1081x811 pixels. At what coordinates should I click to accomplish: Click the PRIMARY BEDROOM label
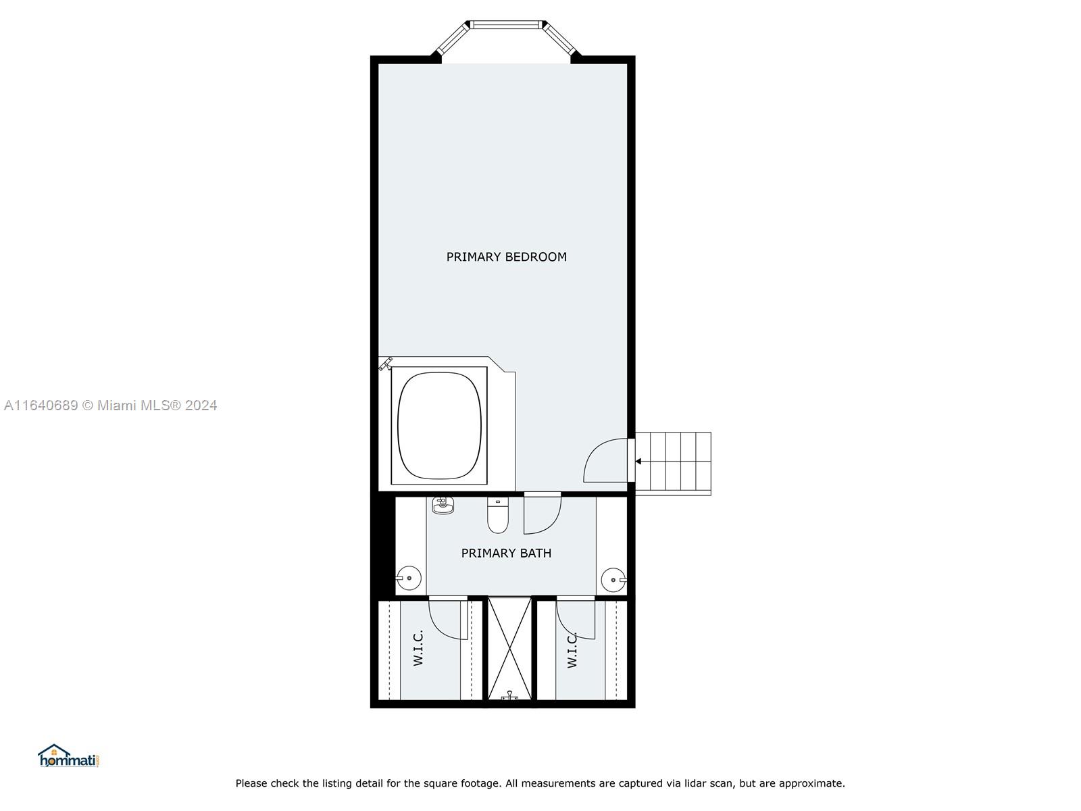pyautogui.click(x=506, y=257)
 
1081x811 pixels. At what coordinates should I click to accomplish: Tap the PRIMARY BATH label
pyautogui.click(x=506, y=553)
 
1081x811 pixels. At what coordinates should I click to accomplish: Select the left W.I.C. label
pyautogui.click(x=418, y=648)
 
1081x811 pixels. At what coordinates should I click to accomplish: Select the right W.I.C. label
pyautogui.click(x=572, y=650)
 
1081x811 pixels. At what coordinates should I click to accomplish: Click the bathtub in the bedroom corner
pyautogui.click(x=440, y=425)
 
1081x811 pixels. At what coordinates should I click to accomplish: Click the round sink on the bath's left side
pyautogui.click(x=409, y=578)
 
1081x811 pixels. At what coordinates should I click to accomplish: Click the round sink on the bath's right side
pyautogui.click(x=613, y=579)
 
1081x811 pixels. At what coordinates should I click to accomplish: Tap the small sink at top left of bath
pyautogui.click(x=443, y=505)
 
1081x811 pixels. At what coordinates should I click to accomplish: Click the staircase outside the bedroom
pyautogui.click(x=674, y=462)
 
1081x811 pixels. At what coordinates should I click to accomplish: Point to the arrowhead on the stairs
pyautogui.click(x=638, y=462)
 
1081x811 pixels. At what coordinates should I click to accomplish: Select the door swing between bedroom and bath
pyautogui.click(x=542, y=514)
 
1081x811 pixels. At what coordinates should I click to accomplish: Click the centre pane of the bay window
pyautogui.click(x=506, y=25)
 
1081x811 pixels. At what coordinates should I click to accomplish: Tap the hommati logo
pyautogui.click(x=68, y=756)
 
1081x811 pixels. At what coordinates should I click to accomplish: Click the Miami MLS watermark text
pyautogui.click(x=110, y=405)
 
